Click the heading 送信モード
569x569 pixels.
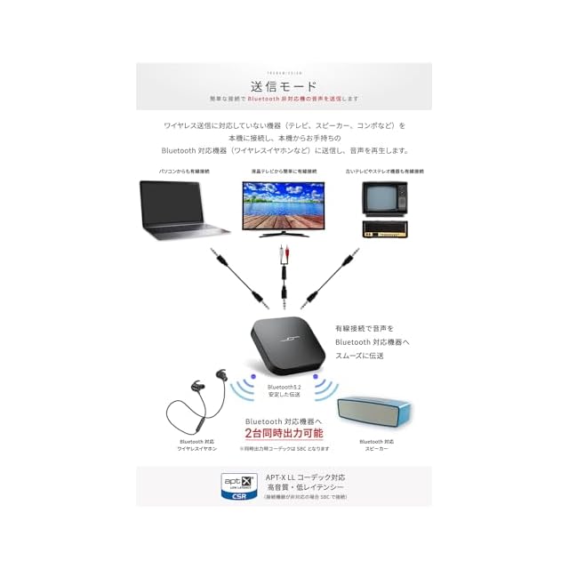(284, 86)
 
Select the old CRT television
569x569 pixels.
(384, 197)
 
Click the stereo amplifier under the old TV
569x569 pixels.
(384, 228)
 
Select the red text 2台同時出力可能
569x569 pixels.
(284, 433)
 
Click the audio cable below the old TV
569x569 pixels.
(333, 276)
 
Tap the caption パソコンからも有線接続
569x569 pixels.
(184, 170)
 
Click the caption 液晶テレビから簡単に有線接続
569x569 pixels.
(284, 170)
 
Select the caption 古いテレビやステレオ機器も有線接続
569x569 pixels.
(383, 170)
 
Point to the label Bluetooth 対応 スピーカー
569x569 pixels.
(376, 445)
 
